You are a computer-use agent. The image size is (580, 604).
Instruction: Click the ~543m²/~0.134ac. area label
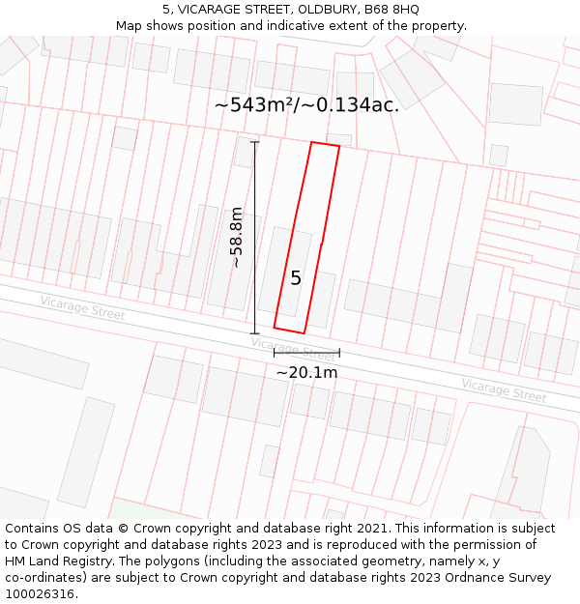[x=306, y=104]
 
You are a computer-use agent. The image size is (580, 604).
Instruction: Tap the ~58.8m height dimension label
[x=237, y=238]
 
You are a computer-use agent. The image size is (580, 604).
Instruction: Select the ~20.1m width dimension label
[x=306, y=372]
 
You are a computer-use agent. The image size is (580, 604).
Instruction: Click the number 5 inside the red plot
[x=296, y=278]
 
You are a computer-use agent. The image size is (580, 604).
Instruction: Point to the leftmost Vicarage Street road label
[x=82, y=307]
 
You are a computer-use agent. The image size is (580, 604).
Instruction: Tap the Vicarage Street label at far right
[x=503, y=390]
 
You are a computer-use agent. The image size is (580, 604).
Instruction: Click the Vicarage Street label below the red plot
[x=292, y=349]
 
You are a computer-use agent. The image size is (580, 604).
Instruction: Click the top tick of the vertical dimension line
[x=255, y=143]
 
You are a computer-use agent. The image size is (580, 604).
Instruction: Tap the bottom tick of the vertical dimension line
[x=255, y=333]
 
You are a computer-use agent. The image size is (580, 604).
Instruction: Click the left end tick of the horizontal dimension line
[x=275, y=353]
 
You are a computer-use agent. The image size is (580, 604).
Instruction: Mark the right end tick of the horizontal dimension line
[x=339, y=353]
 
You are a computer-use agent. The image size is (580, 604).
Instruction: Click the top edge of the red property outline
[x=325, y=145]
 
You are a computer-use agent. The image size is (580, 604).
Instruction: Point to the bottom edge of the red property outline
[x=289, y=331]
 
